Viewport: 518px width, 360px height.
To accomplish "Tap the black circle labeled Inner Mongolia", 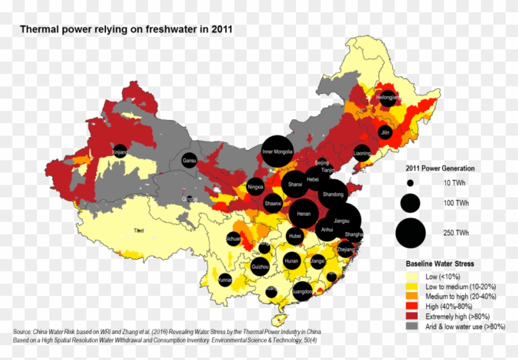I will [x=277, y=151].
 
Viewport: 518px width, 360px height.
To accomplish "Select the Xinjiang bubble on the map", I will [x=120, y=151].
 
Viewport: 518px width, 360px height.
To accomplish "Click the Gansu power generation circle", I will [x=189, y=160].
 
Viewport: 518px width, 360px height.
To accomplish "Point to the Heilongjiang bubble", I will [x=388, y=98].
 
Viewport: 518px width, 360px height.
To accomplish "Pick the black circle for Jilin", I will [x=385, y=132].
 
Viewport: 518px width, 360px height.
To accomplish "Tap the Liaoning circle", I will [x=362, y=153].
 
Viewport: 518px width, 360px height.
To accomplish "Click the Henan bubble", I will [x=303, y=214].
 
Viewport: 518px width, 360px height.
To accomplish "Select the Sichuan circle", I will [x=233, y=238].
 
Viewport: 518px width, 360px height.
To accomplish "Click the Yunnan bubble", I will [x=225, y=280].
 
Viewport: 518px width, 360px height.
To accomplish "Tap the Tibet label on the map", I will [x=139, y=231].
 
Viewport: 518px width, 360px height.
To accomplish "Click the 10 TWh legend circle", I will [x=410, y=183].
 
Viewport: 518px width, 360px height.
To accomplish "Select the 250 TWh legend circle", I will [x=410, y=232].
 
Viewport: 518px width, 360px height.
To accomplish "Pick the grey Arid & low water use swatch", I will [x=413, y=326].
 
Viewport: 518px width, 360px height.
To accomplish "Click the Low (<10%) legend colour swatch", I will [x=413, y=277].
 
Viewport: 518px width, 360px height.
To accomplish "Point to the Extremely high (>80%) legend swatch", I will [x=413, y=316].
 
